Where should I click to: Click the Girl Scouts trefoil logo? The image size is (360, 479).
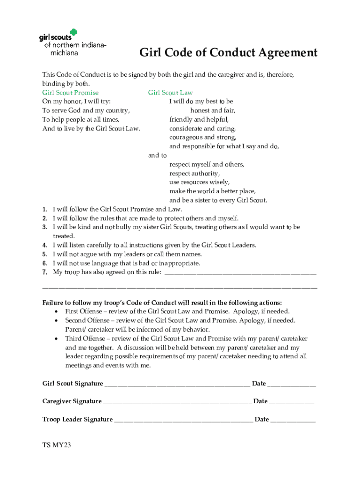pos(73,33)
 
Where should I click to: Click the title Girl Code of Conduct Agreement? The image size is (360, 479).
pos(228,53)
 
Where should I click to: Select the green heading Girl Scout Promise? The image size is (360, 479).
pos(70,93)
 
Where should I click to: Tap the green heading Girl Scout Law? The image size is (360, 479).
pos(170,93)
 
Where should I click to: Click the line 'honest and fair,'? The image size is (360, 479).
pos(212,110)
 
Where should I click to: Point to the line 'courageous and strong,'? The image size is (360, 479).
pos(202,137)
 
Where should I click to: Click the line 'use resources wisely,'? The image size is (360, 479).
pos(199,182)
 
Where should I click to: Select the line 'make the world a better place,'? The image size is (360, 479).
pos(212,191)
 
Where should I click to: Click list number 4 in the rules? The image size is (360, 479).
pos(44,245)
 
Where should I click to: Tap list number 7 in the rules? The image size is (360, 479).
pos(44,272)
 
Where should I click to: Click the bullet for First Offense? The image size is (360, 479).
pos(57,312)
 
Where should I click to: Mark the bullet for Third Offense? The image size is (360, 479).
pos(57,339)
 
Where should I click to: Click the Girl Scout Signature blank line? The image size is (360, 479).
pos(177,385)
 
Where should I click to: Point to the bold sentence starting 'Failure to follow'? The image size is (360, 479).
pos(162,302)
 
